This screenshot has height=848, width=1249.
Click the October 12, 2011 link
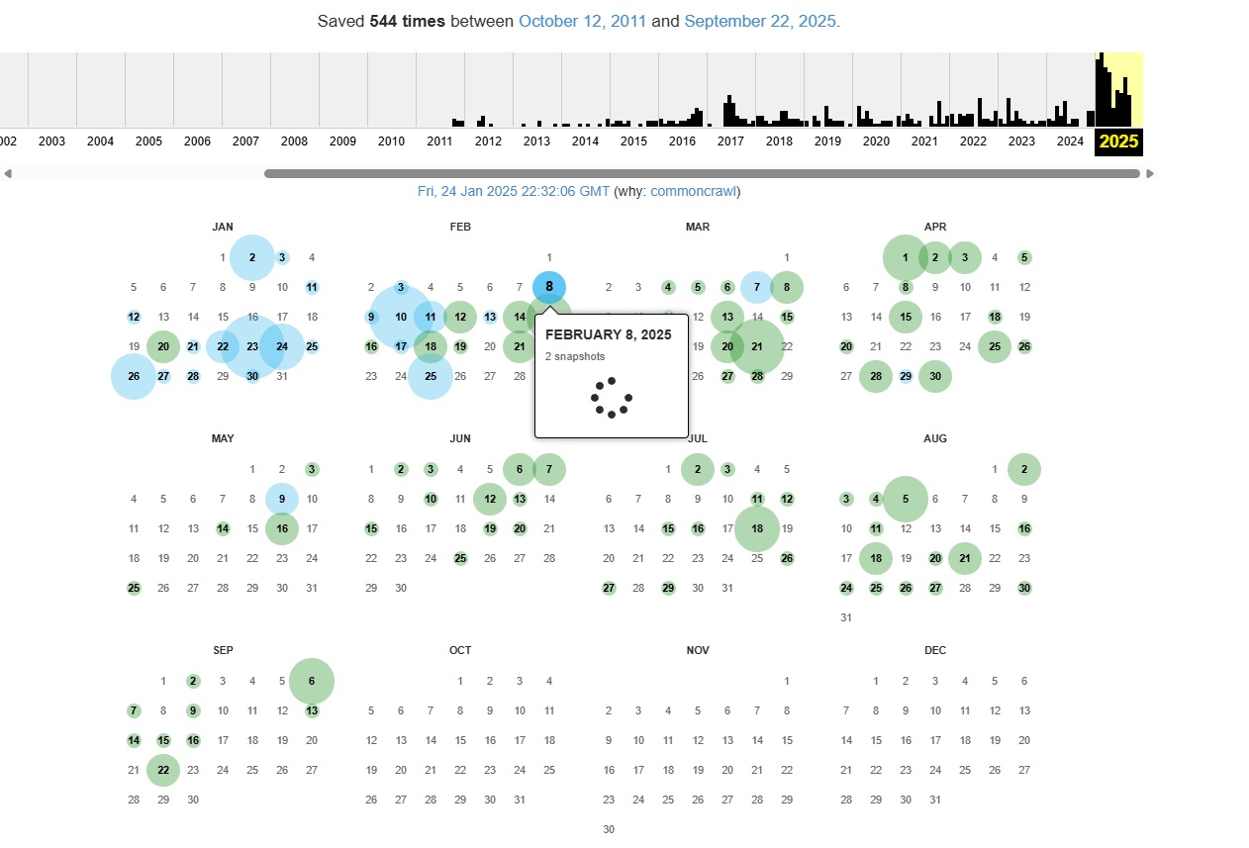pyautogui.click(x=582, y=21)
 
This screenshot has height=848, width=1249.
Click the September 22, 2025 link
pyautogui.click(x=760, y=21)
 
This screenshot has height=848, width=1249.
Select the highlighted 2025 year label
pyautogui.click(x=1118, y=141)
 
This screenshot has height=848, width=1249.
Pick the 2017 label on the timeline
pyautogui.click(x=730, y=141)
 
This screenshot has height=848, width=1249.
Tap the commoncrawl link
pyautogui.click(x=693, y=191)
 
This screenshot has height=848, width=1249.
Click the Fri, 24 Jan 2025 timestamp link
pyautogui.click(x=514, y=191)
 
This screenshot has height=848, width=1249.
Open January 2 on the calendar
pyautogui.click(x=252, y=257)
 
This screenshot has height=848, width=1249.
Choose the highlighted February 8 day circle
pyautogui.click(x=549, y=287)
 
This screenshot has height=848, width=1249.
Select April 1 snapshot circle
pyautogui.click(x=906, y=257)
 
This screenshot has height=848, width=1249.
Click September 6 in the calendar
pyautogui.click(x=312, y=681)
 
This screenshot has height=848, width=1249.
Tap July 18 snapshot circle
pyautogui.click(x=757, y=528)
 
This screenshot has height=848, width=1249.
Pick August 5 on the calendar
pyautogui.click(x=906, y=499)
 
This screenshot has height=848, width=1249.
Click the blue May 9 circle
pyautogui.click(x=282, y=499)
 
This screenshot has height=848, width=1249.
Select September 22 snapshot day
pyautogui.click(x=163, y=770)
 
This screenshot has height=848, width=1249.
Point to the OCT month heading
pyautogui.click(x=460, y=650)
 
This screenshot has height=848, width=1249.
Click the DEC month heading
pyautogui.click(x=935, y=650)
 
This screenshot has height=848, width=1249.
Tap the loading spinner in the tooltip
pyautogui.click(x=612, y=397)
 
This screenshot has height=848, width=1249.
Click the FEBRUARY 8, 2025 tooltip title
pyautogui.click(x=608, y=334)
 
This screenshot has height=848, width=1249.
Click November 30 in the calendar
pyautogui.click(x=609, y=829)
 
